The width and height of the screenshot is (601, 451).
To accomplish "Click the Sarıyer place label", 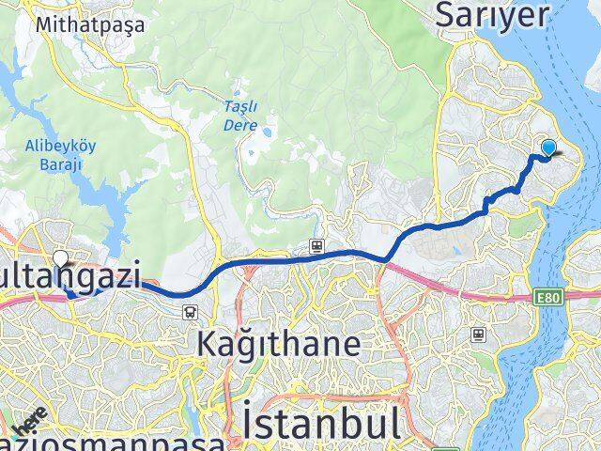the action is (x=493, y=15).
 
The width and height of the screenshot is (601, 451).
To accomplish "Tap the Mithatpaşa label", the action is (x=90, y=25).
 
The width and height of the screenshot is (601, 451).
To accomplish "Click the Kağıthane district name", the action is (x=279, y=344).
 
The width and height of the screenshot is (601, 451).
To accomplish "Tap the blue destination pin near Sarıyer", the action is (x=548, y=148).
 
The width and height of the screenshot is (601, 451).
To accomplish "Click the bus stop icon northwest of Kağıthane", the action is (x=191, y=311).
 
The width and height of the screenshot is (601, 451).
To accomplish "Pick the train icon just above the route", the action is (x=318, y=246).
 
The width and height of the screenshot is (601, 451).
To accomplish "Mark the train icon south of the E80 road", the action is (x=479, y=333).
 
